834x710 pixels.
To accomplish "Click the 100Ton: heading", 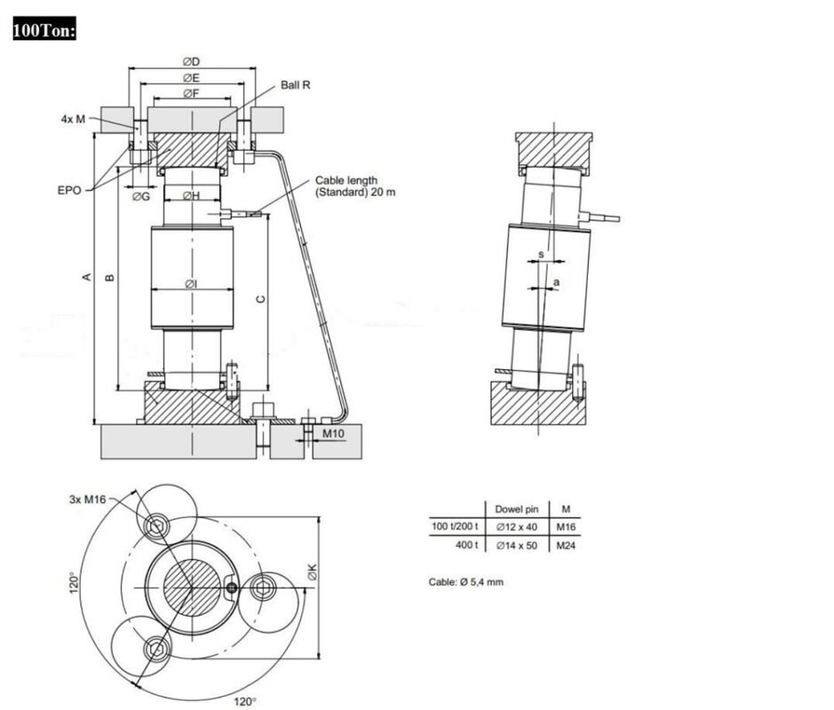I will click(x=44, y=31).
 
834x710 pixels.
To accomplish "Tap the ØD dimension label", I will click(x=191, y=61).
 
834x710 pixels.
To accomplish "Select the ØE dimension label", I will click(x=191, y=77).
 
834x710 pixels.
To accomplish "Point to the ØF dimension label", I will click(x=191, y=93).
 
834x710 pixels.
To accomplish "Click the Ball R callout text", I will click(x=296, y=85).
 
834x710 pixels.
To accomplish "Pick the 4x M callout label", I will click(x=73, y=119).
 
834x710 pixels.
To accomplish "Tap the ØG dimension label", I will click(x=140, y=196).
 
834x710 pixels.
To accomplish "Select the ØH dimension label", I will click(x=190, y=195).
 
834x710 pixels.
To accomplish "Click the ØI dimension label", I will click(x=190, y=284).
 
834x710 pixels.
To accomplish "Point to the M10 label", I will click(x=333, y=433).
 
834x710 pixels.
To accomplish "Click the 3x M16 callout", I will click(x=87, y=499).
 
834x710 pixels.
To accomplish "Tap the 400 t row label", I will click(x=466, y=545).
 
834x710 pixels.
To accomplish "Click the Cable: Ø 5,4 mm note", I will click(x=467, y=582).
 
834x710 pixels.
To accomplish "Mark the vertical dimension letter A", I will click(x=86, y=278).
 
